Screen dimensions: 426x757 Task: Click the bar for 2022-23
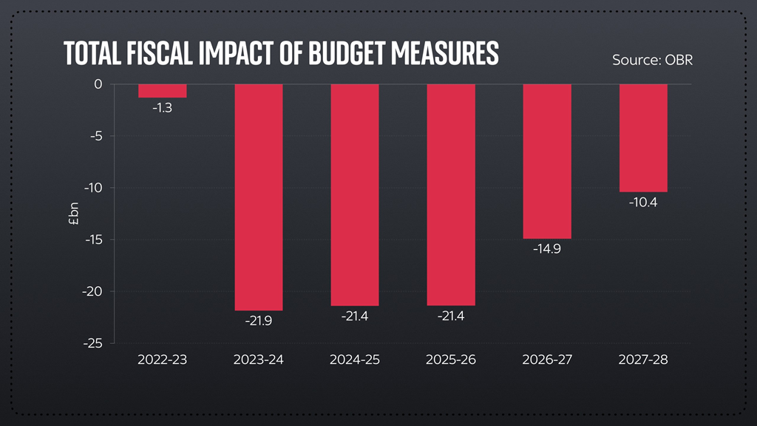[x=163, y=90]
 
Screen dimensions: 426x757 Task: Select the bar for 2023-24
[x=259, y=197]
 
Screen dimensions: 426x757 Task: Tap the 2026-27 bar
[x=547, y=161]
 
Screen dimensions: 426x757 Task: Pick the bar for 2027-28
[x=643, y=138]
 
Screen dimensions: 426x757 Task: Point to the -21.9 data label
[x=259, y=322]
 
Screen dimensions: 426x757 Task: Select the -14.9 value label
[x=547, y=250]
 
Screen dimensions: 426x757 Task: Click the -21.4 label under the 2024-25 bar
[x=355, y=317]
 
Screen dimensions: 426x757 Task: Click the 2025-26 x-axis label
[x=451, y=360]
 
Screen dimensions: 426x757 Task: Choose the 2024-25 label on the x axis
[x=355, y=360]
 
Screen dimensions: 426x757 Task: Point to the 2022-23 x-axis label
[x=163, y=360]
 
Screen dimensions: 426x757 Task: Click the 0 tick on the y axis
[x=98, y=84]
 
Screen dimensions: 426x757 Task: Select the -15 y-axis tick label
[x=93, y=240]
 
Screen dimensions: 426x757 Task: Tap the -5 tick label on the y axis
[x=95, y=136]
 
